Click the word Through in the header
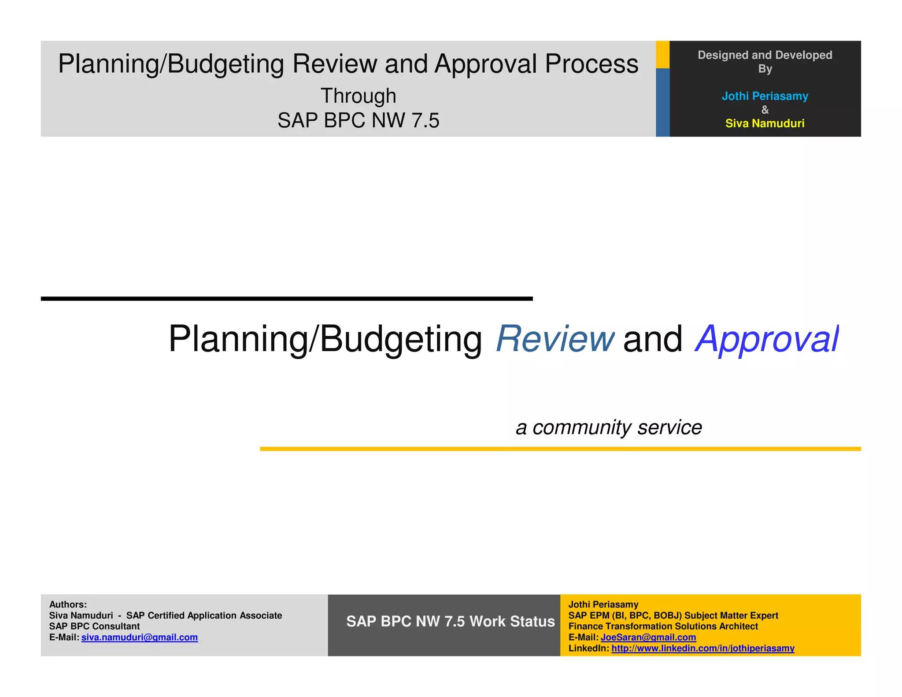tap(358, 96)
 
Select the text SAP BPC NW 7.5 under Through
tap(358, 120)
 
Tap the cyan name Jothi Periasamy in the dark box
tap(765, 96)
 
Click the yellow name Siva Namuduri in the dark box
tap(765, 123)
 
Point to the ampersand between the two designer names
tap(765, 110)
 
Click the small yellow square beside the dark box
tap(662, 55)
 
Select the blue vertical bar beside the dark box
tap(662, 102)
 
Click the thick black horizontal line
tap(286, 299)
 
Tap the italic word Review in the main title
tap(555, 339)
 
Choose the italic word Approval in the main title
tap(767, 339)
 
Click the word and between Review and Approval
tap(653, 339)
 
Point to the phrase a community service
tap(609, 427)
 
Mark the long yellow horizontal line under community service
tap(560, 449)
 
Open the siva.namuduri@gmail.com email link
tap(140, 637)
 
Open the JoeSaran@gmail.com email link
tap(648, 637)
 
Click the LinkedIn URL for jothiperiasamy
tap(703, 648)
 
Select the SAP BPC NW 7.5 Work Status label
tap(450, 621)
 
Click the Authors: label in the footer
tap(68, 604)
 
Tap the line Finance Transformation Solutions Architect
tap(663, 626)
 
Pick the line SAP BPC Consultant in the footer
tap(94, 626)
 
